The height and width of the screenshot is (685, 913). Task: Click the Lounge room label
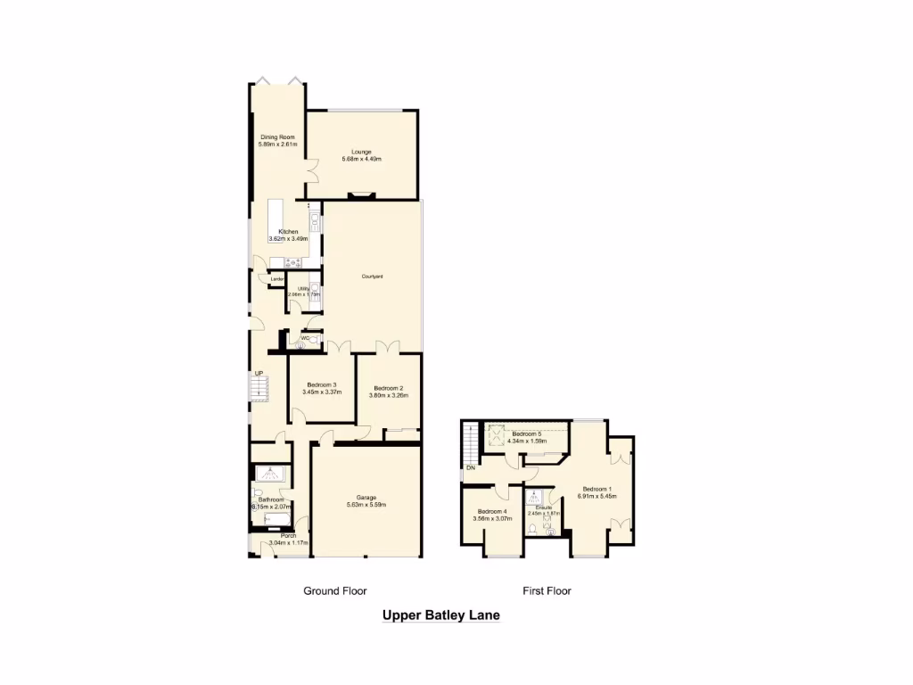[361, 152]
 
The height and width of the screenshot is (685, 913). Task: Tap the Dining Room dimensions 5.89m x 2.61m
[277, 144]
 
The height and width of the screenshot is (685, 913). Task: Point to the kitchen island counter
[276, 219]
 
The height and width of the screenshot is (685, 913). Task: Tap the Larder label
[277, 280]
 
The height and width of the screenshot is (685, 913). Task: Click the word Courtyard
[372, 276]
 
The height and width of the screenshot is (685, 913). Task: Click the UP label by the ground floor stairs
[258, 374]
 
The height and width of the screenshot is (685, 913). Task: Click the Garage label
[366, 497]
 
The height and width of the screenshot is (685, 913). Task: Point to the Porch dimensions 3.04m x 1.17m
[288, 542]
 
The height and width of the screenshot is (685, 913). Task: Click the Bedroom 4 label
[493, 511]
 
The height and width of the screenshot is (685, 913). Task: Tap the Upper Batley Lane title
[440, 615]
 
